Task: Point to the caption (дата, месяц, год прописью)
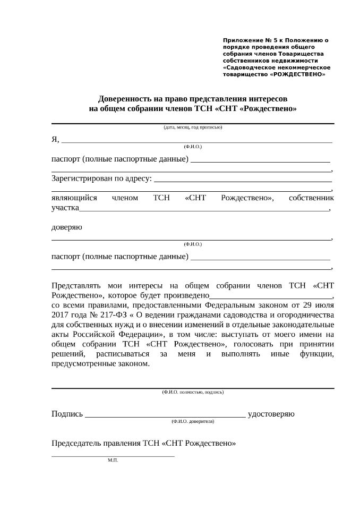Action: [x=193, y=127]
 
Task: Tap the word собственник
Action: [x=311, y=198]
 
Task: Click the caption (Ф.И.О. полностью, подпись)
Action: [x=193, y=392]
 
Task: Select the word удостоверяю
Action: [x=271, y=414]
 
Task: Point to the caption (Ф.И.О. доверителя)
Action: [x=193, y=421]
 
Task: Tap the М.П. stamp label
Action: [x=113, y=460]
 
